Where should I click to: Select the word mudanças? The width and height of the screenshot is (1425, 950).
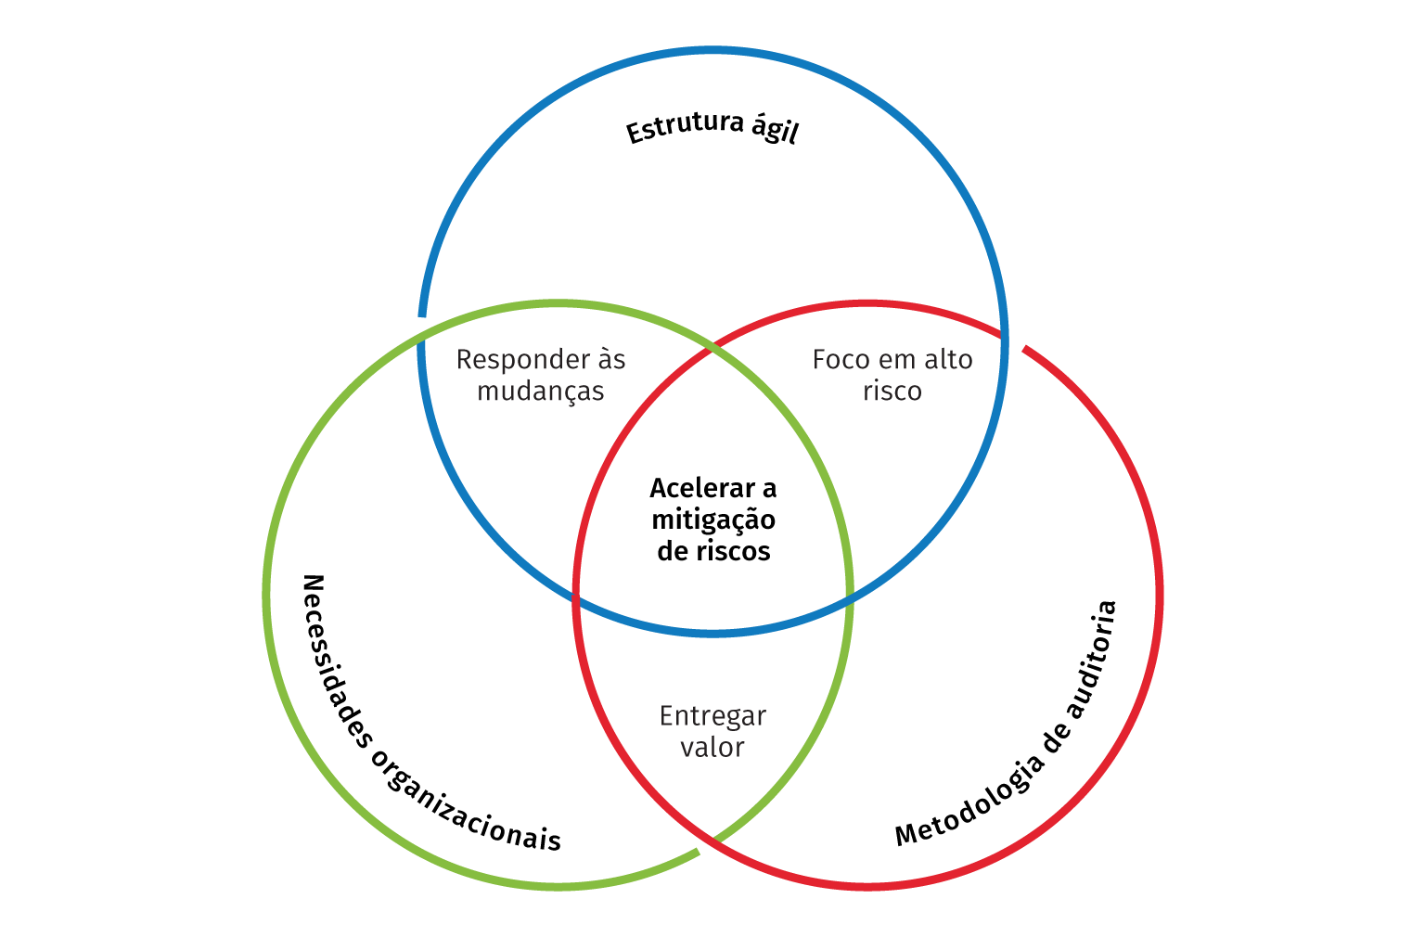coord(540,392)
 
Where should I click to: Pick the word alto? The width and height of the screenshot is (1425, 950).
coord(947,360)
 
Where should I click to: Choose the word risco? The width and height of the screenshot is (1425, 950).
coord(892,392)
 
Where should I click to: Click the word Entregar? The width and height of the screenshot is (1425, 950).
coord(712,716)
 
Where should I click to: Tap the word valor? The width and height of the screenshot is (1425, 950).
coord(712,748)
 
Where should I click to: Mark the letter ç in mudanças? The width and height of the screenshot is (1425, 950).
coord(574,393)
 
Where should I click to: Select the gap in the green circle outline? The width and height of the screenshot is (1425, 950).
coord(707,845)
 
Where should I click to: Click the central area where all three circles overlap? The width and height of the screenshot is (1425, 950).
coord(712,501)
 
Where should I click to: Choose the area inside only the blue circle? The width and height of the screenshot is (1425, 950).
coord(712,186)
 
